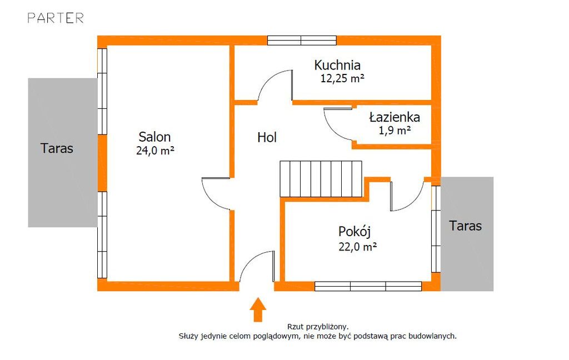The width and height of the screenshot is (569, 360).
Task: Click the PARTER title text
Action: pos(56,18)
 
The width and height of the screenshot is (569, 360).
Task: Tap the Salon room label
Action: pos(154,137)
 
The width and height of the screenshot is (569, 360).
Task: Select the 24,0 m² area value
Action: pos(156,150)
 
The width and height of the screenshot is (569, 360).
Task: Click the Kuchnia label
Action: pos(337,66)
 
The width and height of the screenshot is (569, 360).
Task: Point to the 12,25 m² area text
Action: pos(342,78)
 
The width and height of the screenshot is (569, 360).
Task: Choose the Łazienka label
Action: pos(395,117)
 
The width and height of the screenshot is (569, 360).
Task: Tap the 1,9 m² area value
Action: pos(395,130)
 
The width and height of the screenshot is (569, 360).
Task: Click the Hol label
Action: pos(267,137)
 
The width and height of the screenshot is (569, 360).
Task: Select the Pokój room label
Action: pos(355,231)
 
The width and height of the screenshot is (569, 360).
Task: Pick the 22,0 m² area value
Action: pos(358,247)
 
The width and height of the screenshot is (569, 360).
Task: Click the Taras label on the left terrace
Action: pos(57,148)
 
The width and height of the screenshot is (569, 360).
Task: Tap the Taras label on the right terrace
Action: pos(466,226)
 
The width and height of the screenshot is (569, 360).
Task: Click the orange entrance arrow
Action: pos(258,309)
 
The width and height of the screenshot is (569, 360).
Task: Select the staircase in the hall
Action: pos(321,179)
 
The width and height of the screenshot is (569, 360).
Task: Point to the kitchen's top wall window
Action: pos(302,41)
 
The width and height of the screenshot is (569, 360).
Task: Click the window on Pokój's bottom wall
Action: pos(368,286)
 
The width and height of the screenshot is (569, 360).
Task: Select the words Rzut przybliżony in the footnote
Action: pos(318,327)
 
